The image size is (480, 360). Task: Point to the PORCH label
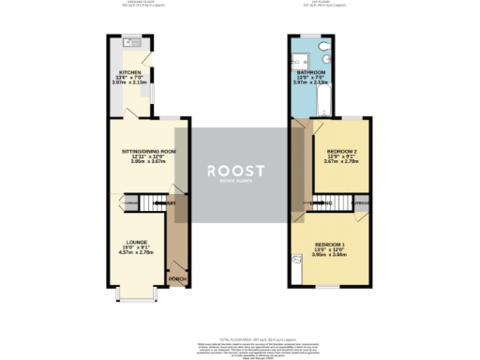tap(175, 278)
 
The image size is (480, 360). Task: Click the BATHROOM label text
tap(310, 72)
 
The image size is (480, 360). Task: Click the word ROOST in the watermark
tap(236, 171)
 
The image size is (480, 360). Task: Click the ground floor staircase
tap(130, 202)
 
